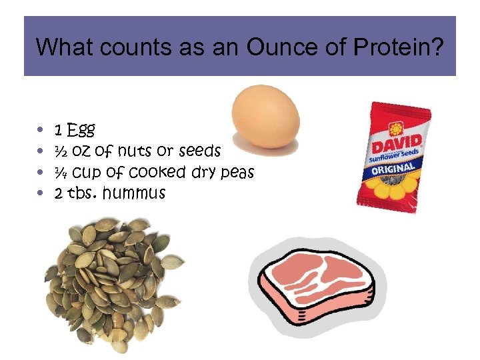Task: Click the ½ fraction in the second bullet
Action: tap(61, 151)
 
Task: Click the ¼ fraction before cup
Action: tap(61, 172)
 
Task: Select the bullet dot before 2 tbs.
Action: tap(41, 194)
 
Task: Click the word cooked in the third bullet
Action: tap(157, 172)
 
